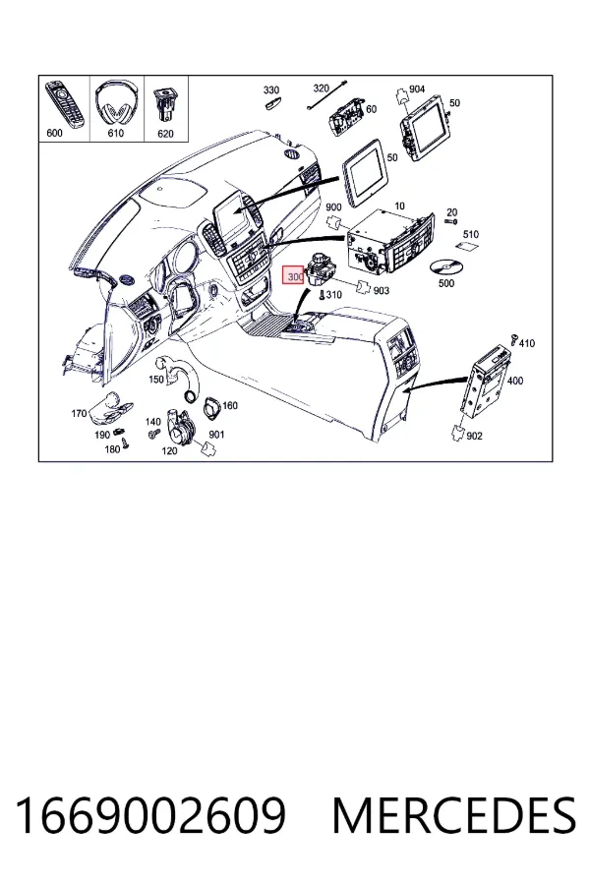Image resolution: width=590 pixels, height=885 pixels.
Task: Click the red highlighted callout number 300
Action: click(294, 276)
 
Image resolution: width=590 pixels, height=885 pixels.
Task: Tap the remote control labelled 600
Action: click(65, 103)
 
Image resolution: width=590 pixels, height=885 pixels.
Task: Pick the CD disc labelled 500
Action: click(444, 266)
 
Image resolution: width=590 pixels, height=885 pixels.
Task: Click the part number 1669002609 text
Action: click(150, 815)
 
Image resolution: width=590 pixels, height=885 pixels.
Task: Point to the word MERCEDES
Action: click(454, 815)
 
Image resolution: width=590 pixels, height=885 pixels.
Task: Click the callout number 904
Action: click(417, 89)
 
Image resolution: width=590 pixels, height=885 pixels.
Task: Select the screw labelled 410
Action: click(514, 338)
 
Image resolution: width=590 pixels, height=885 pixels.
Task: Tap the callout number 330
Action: click(271, 90)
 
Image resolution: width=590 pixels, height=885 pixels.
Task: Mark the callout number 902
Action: click(474, 436)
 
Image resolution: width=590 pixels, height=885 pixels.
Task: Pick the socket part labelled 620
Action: click(165, 104)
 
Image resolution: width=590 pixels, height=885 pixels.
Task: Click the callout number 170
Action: click(79, 414)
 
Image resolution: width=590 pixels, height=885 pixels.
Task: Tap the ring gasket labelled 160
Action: click(212, 407)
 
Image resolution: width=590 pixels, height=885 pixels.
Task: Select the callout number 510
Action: click(470, 234)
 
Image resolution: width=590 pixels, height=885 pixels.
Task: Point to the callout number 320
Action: click(321, 88)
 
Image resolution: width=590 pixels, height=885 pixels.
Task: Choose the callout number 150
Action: click(155, 380)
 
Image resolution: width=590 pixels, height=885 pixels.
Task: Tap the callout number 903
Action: click(382, 290)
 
